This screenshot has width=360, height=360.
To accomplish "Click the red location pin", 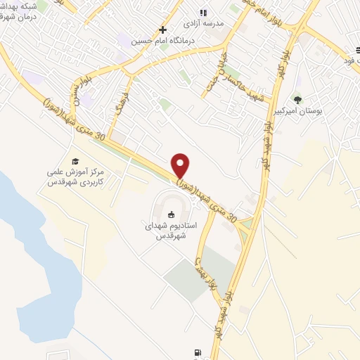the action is (x=181, y=165).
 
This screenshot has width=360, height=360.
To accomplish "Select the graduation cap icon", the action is (x=75, y=162).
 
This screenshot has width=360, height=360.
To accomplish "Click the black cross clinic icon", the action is (x=163, y=30).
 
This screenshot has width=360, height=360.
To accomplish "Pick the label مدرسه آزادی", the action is (x=203, y=23).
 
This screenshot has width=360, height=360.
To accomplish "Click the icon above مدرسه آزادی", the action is (x=204, y=13).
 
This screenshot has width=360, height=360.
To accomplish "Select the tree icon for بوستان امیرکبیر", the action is (x=298, y=101).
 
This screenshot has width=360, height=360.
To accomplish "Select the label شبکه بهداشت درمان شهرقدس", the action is (x=21, y=11).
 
